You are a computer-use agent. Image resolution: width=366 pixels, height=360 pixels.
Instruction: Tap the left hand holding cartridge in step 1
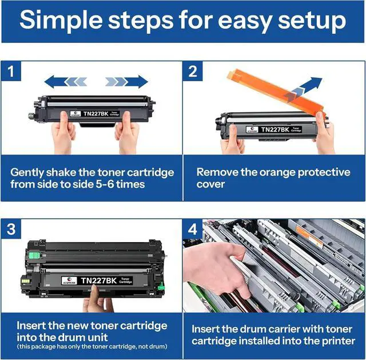click(x=63, y=137)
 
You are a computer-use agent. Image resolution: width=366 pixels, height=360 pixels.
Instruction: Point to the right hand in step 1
click(x=127, y=137)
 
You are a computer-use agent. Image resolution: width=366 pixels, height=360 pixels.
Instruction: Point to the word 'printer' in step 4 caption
click(x=337, y=342)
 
